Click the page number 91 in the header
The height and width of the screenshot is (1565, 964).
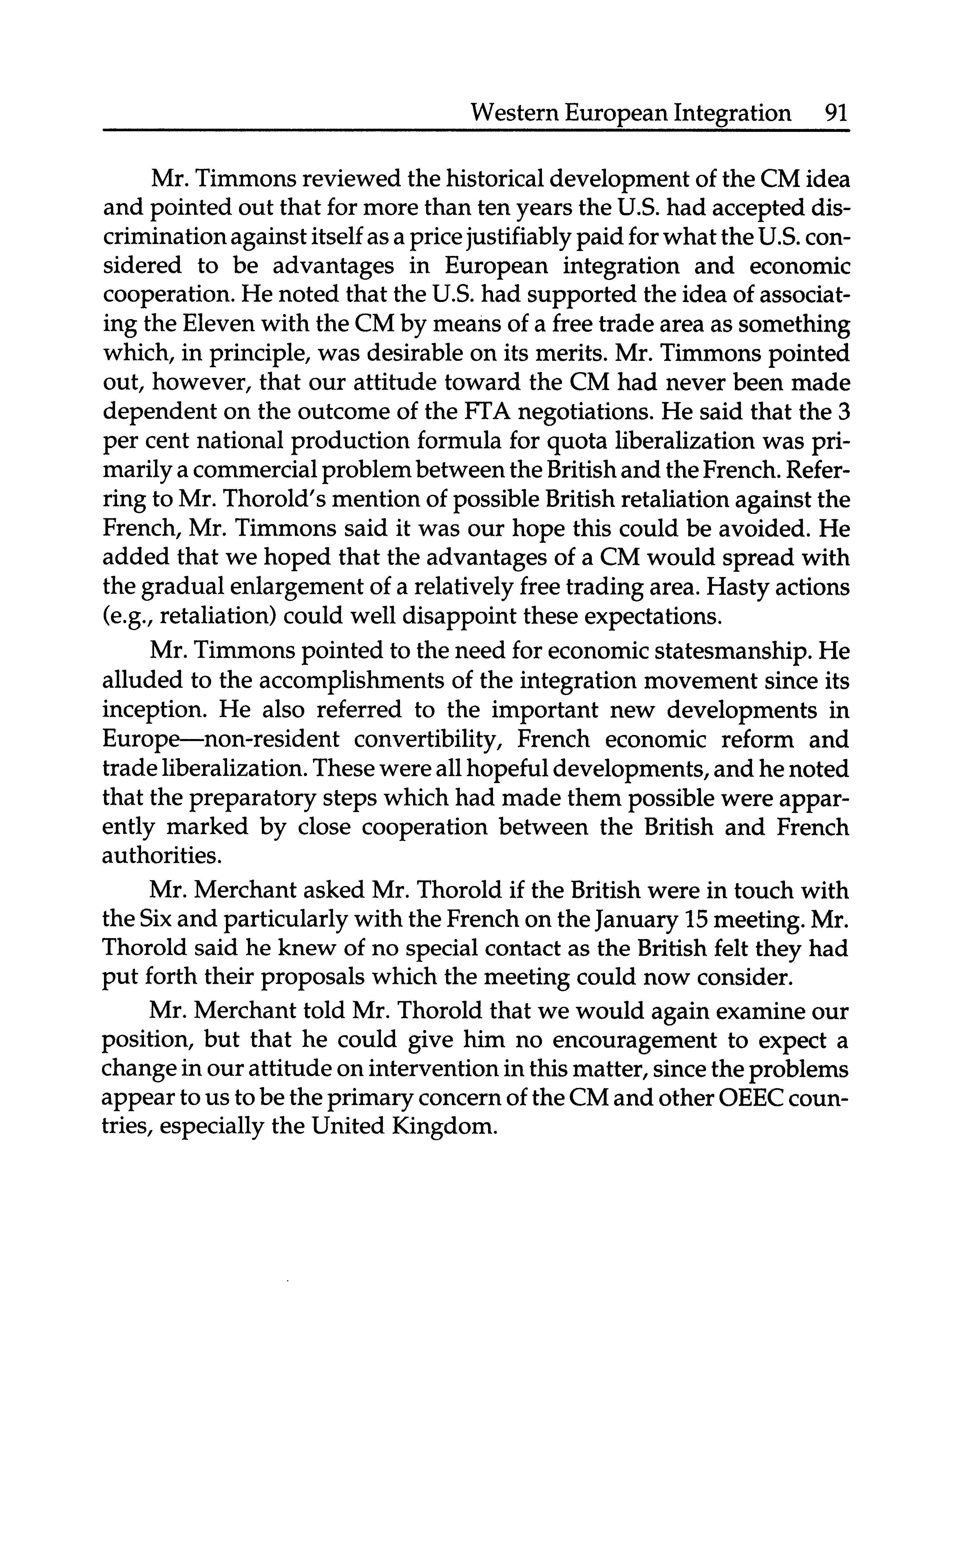point(835,114)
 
